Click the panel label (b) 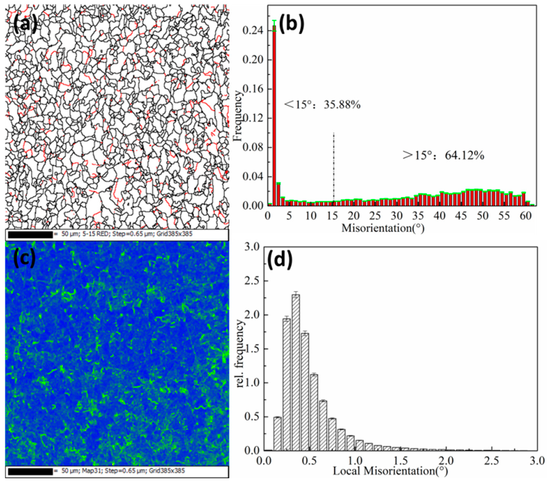point(292,24)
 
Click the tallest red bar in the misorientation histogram point(274,116)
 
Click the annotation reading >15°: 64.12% point(443,155)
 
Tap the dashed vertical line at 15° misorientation point(334,167)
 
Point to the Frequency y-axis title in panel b point(237,116)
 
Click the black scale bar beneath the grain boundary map point(30,235)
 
